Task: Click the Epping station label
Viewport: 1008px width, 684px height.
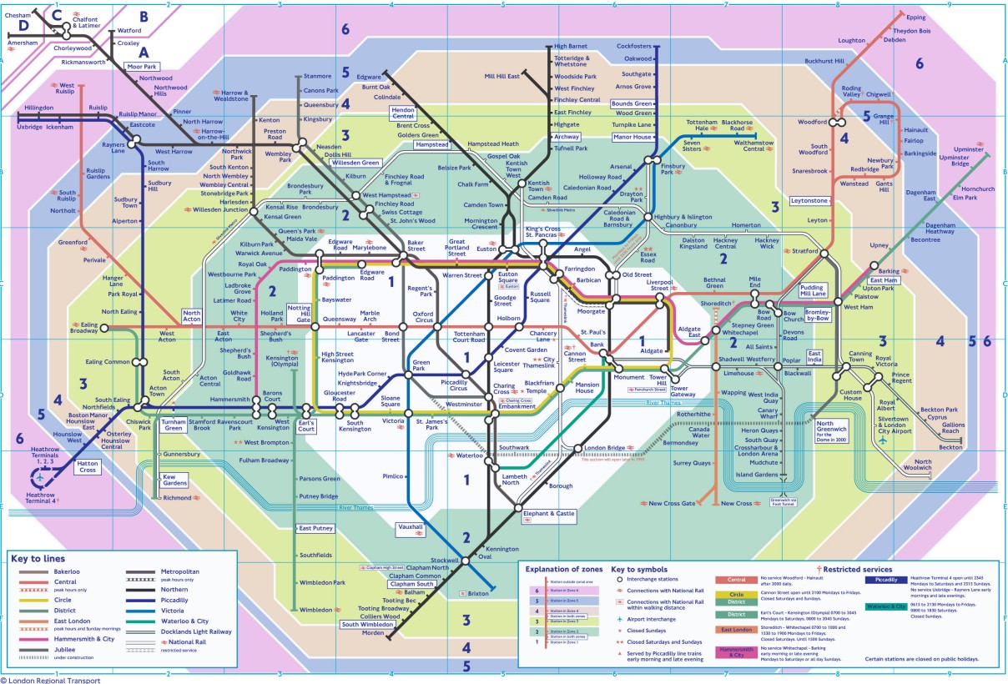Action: click(915, 17)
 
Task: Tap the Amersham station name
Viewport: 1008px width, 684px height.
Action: click(23, 43)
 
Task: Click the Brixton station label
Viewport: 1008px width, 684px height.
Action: click(478, 593)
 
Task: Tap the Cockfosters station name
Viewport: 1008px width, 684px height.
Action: click(633, 46)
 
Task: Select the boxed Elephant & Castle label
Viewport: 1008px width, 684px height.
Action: click(548, 515)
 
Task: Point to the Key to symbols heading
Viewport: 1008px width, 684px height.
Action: click(641, 569)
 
